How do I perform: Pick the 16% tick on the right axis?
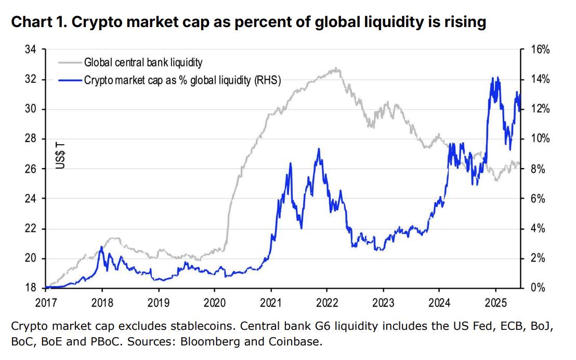coord(540,50)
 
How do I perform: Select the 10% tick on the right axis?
coord(540,139)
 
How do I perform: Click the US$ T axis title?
coord(61,155)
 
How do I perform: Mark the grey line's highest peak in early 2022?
coord(337,68)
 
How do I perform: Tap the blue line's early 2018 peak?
coord(101,247)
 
